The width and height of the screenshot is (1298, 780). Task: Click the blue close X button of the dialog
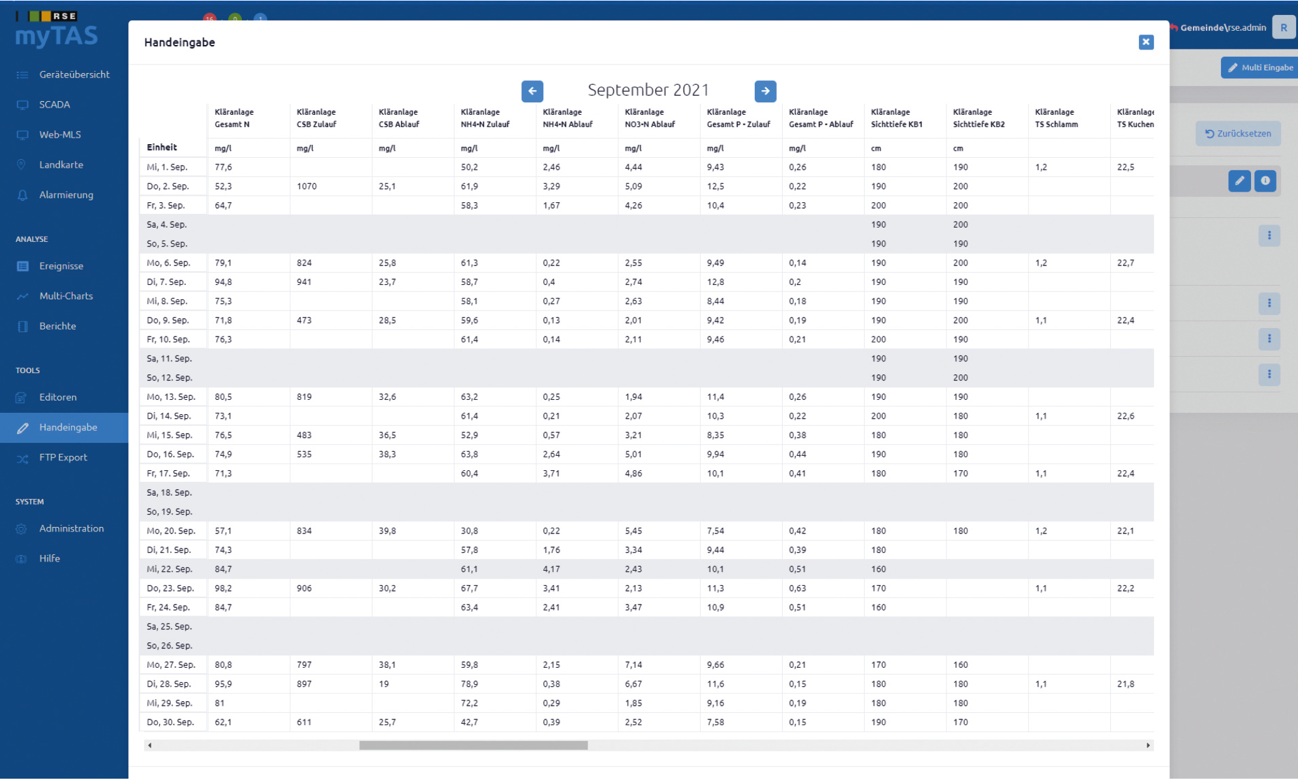click(1145, 42)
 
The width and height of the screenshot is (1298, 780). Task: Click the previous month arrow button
click(532, 91)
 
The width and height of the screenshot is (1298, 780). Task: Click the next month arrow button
click(765, 91)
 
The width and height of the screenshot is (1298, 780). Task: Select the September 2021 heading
click(648, 90)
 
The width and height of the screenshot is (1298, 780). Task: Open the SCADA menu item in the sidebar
click(54, 104)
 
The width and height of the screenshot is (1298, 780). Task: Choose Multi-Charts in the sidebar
click(66, 296)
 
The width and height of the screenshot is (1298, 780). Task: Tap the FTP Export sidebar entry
click(63, 458)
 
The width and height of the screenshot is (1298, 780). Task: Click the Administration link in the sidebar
click(71, 529)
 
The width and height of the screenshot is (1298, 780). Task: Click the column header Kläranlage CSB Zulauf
click(316, 118)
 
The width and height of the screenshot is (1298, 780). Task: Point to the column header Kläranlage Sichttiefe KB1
click(896, 118)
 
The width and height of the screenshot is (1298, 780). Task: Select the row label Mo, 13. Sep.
click(171, 397)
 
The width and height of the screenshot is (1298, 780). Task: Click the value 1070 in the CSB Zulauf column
click(307, 187)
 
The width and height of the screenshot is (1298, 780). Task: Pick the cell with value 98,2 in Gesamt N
click(223, 589)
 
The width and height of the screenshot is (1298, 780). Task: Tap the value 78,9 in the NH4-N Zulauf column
click(469, 684)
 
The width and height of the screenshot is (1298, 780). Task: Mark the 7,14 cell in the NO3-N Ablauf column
click(633, 665)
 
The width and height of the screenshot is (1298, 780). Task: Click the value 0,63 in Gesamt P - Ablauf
click(797, 589)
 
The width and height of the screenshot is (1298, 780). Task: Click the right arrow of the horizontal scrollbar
click(1148, 745)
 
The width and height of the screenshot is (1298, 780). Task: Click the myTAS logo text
click(57, 36)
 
